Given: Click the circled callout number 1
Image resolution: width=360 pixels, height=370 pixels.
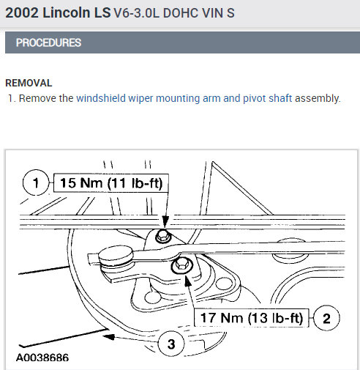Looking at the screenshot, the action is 36,182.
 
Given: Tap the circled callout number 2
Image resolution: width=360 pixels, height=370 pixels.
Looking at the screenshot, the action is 326,318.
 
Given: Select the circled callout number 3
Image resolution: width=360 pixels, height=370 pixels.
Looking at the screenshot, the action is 171,344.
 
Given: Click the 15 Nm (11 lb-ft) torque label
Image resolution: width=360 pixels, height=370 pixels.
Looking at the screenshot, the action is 111,183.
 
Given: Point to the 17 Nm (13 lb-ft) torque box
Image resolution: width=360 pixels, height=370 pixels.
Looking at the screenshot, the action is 252,318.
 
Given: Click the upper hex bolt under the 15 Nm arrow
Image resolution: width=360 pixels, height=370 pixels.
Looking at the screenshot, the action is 163,236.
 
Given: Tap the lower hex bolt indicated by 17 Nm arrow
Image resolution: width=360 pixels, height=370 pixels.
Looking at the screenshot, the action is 181,265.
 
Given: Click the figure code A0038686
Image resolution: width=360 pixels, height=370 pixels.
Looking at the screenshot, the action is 42,358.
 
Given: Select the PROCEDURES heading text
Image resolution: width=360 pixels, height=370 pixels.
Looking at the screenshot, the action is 48,42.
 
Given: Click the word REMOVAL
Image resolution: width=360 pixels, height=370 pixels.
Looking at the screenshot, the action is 29,83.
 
